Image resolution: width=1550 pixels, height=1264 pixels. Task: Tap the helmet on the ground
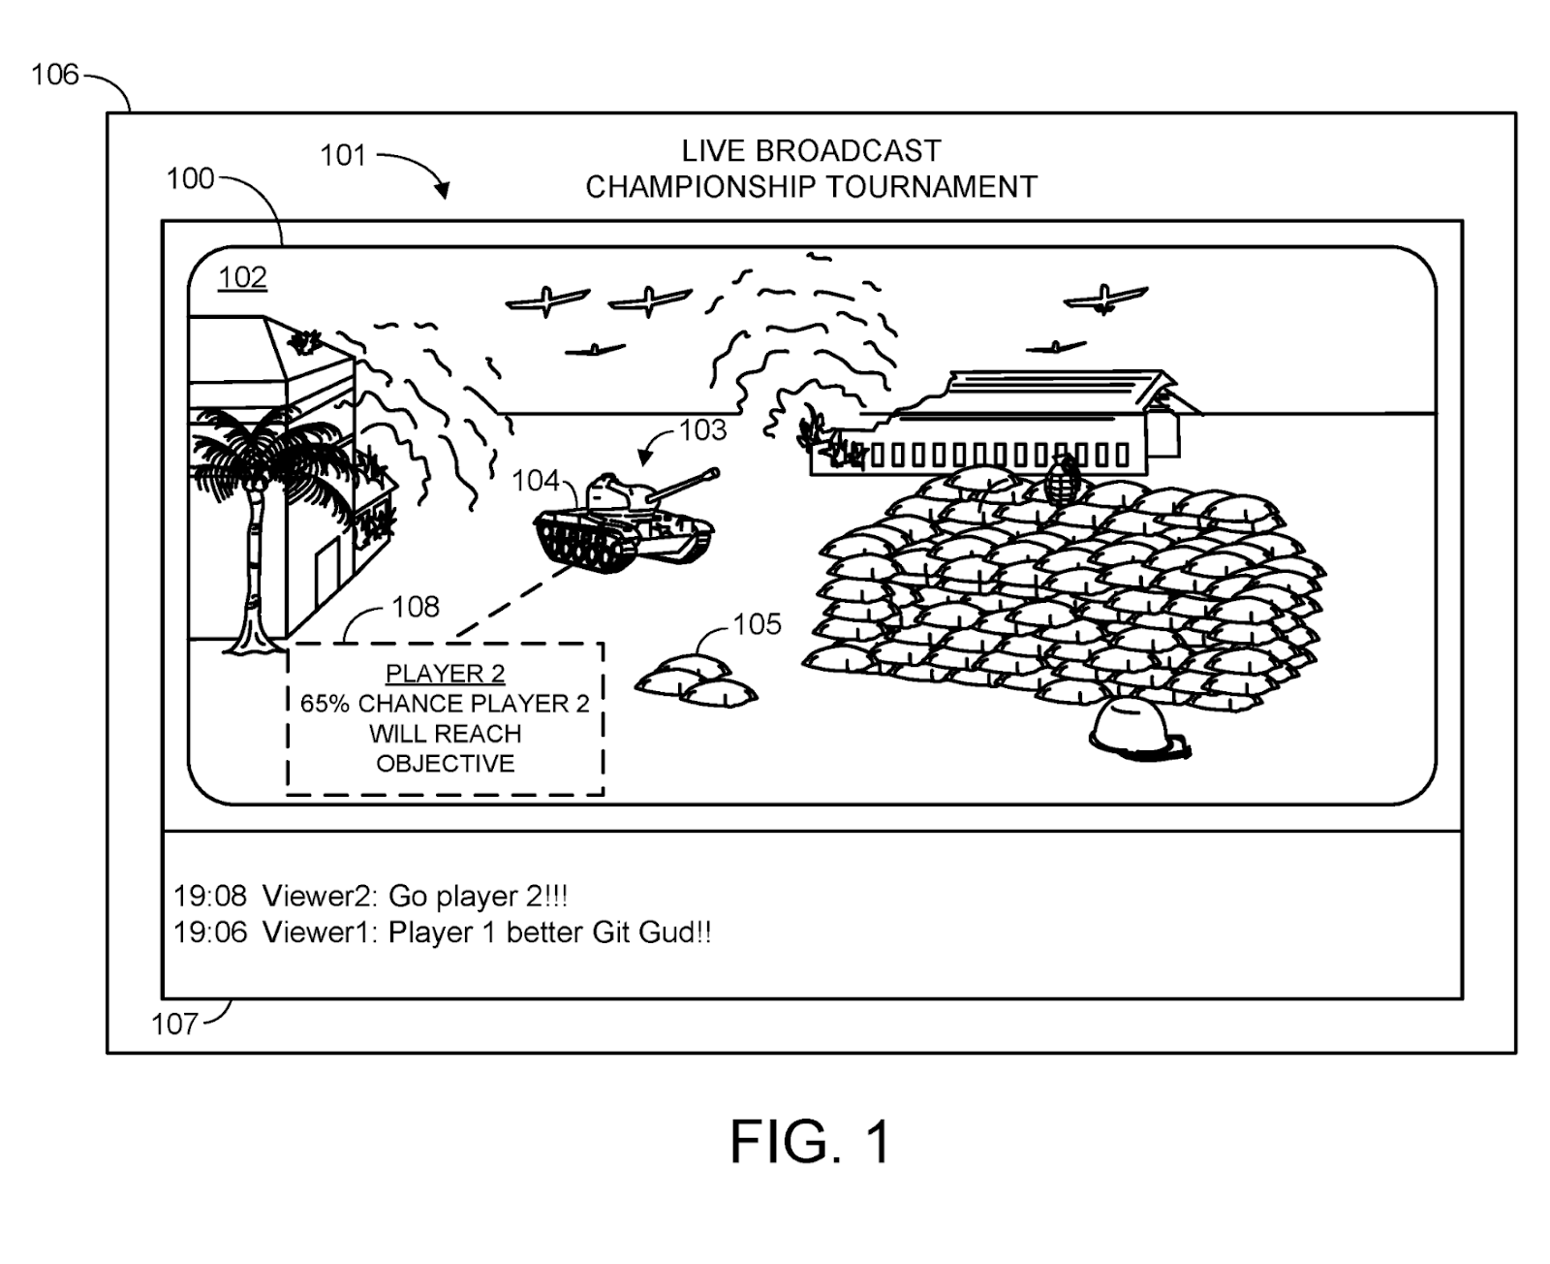(1135, 726)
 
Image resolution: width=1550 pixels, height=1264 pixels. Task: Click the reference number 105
(757, 624)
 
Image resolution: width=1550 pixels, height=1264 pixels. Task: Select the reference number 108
(416, 607)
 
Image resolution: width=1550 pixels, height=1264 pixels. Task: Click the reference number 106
(54, 75)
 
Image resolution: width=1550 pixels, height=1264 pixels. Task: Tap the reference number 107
(174, 1024)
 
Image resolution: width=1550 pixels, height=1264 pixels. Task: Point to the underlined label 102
(242, 278)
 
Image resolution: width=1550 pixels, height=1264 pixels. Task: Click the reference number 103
(702, 429)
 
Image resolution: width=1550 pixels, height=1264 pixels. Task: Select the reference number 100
(190, 178)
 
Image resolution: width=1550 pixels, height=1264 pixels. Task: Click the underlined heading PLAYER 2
(445, 674)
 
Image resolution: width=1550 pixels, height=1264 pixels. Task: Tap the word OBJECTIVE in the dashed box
(445, 764)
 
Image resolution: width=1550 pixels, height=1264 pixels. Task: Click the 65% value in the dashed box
(325, 704)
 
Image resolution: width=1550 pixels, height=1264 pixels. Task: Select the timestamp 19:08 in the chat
(210, 896)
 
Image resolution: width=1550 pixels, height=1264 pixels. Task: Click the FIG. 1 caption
(810, 1141)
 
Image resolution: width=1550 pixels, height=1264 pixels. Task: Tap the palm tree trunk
(254, 562)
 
